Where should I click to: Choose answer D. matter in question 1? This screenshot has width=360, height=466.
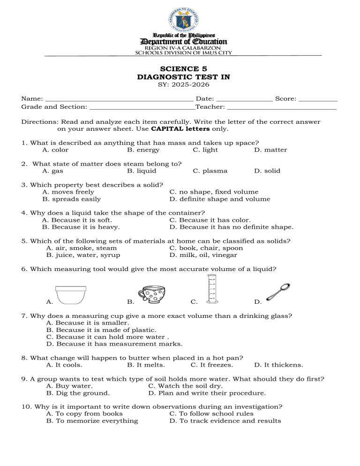(270, 150)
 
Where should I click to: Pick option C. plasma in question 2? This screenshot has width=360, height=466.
(210, 171)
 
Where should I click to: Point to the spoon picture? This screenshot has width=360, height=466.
(278, 292)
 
